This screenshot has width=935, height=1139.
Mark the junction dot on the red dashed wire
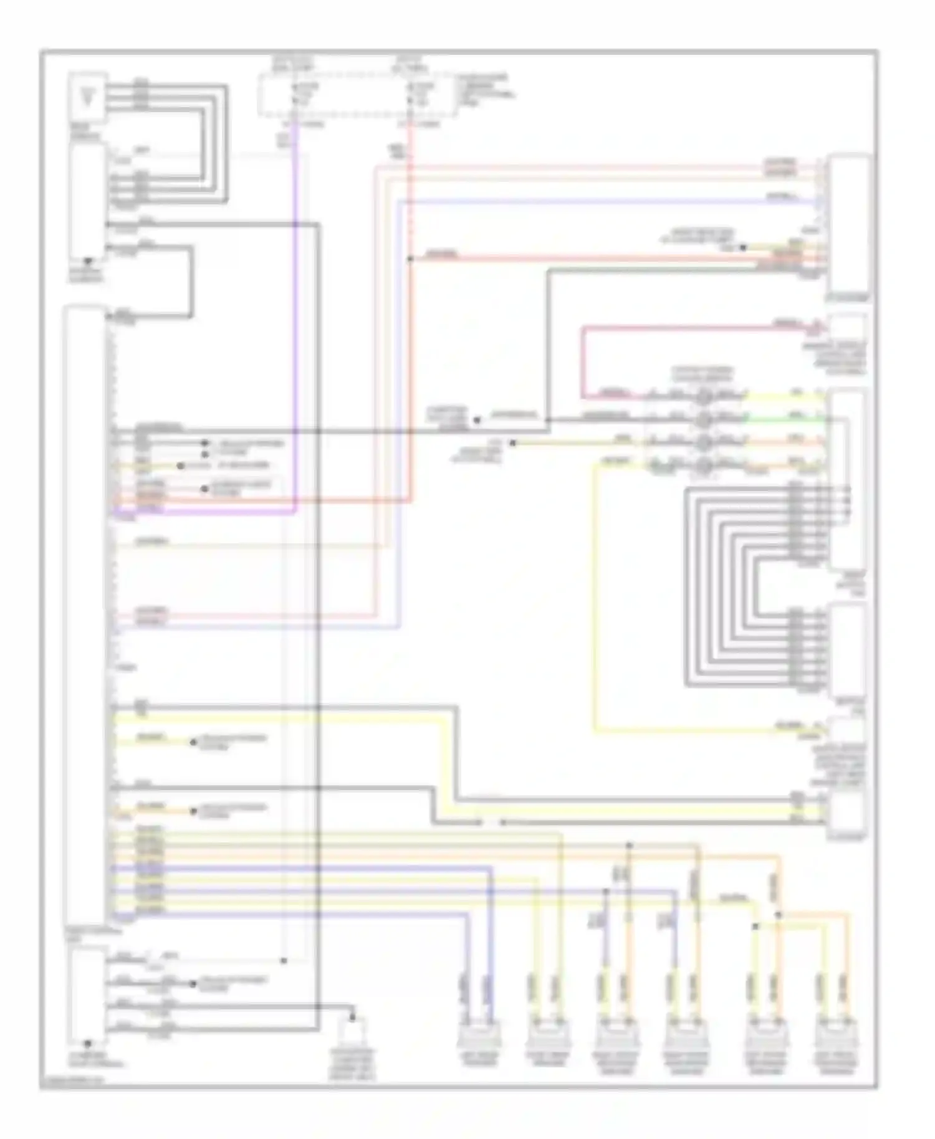[410, 258]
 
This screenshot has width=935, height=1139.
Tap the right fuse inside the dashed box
[411, 93]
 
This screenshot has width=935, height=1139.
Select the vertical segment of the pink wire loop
[583, 361]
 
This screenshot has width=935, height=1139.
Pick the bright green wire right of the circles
[785, 419]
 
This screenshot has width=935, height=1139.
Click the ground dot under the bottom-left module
[88, 1043]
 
